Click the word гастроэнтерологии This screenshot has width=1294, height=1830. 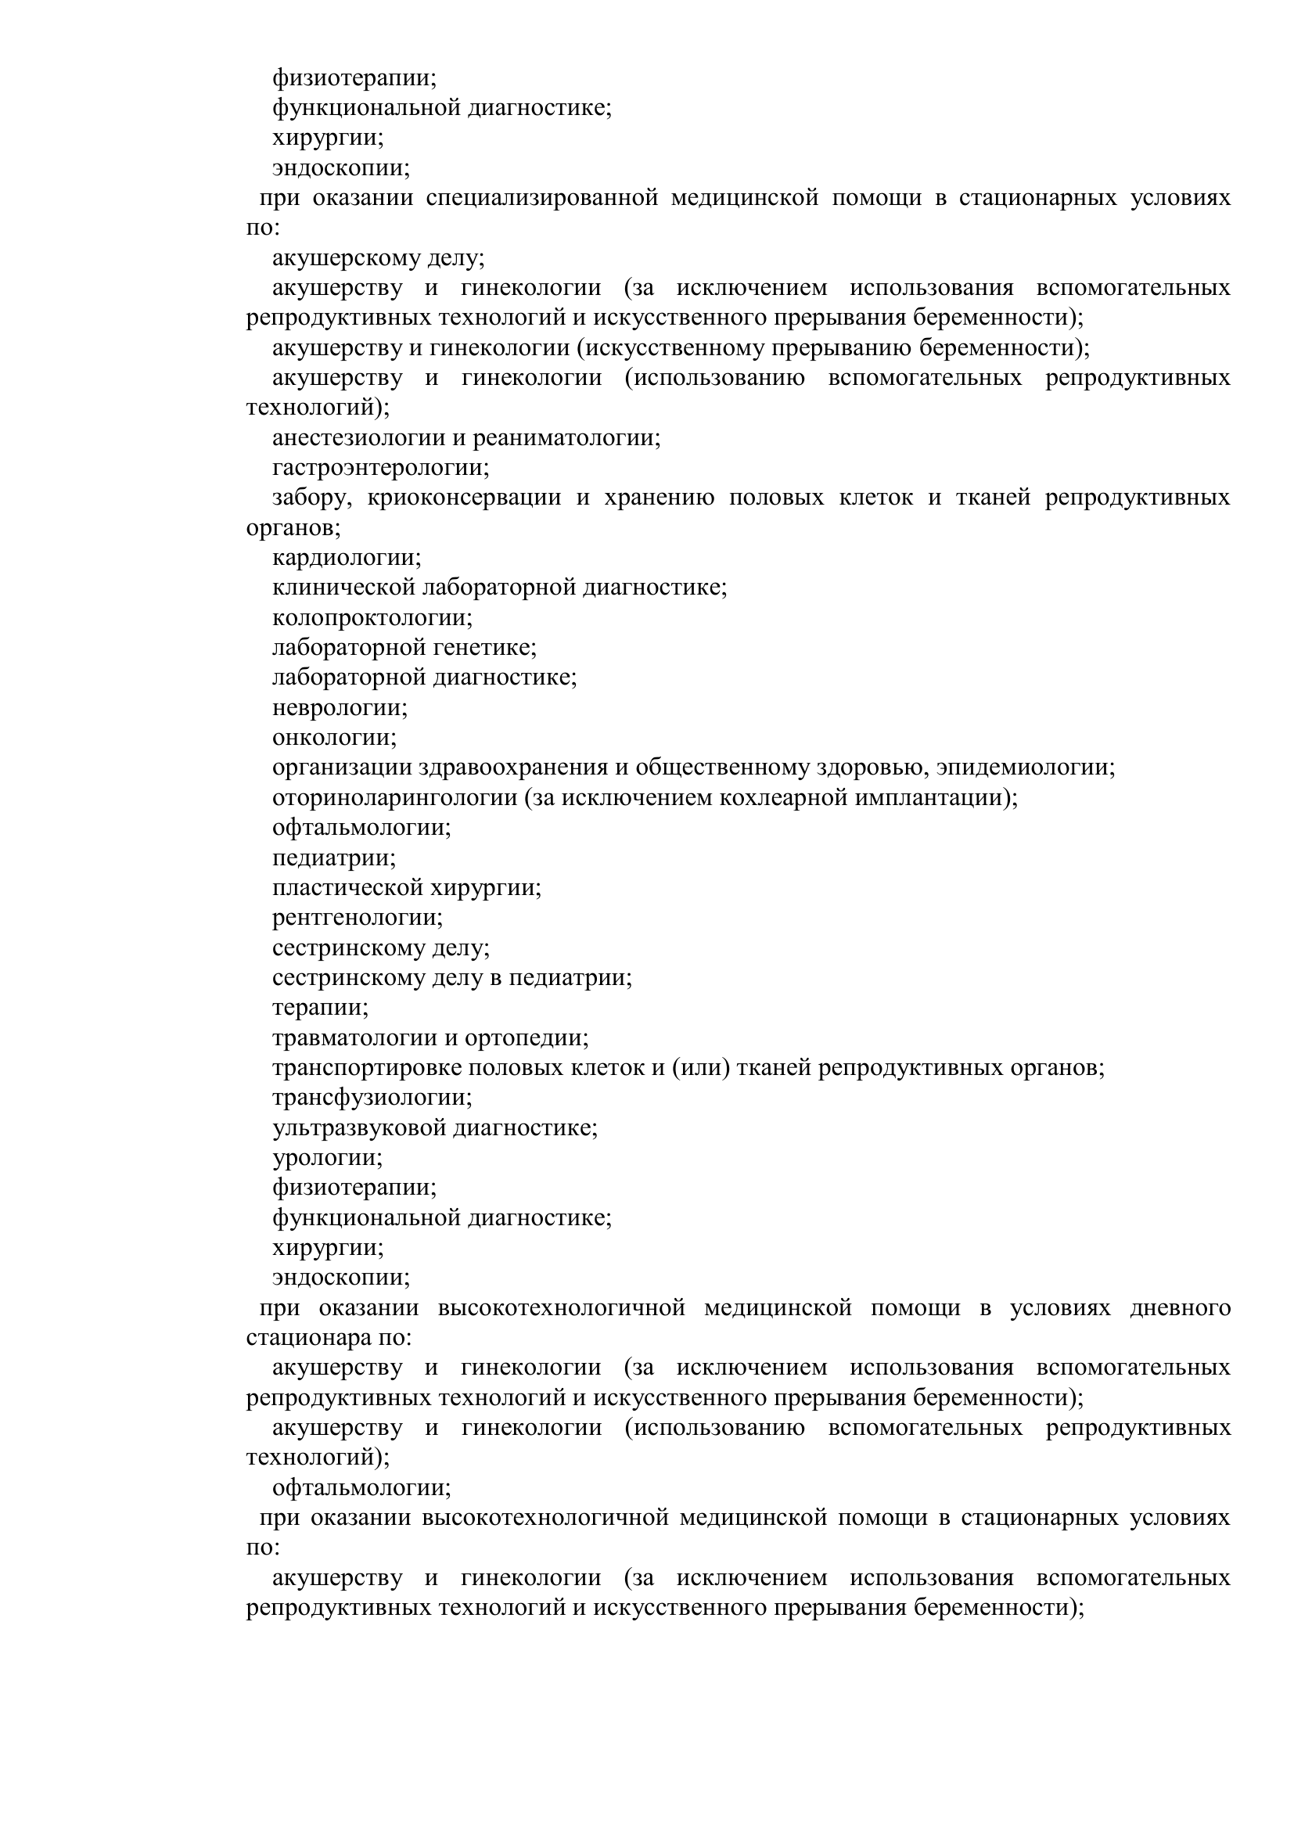tap(380, 468)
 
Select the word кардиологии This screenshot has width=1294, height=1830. tap(346, 558)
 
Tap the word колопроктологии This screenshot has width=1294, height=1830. tap(372, 618)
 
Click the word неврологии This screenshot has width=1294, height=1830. tap(340, 708)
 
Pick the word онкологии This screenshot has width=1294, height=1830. tap(334, 738)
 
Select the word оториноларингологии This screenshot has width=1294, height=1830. tap(394, 798)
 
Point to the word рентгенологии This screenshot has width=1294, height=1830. tap(357, 919)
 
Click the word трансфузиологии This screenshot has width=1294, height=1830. tap(372, 1098)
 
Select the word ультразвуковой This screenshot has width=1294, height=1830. tap(359, 1129)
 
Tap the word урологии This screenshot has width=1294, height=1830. tap(327, 1158)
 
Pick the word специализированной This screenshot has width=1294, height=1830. tap(541, 198)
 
